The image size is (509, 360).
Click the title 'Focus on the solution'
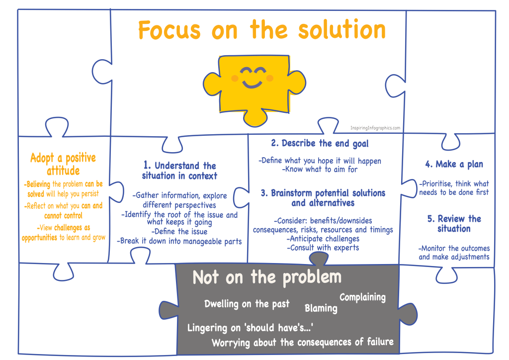(261, 30)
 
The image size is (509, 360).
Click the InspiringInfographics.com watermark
(375, 128)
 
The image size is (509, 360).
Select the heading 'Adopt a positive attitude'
(63, 164)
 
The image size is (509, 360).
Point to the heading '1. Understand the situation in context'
(179, 171)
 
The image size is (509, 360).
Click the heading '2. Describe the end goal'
(320, 143)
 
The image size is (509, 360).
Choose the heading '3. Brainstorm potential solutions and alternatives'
(323, 198)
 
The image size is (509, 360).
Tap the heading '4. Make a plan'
(454, 164)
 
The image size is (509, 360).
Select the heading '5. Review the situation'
(454, 224)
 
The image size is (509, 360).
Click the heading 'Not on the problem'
(267, 277)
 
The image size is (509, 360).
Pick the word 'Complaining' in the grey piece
(362, 297)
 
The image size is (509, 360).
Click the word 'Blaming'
(321, 308)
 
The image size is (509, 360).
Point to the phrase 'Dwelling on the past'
(247, 304)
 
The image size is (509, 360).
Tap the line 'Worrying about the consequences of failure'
(302, 342)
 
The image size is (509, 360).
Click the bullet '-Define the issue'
(179, 232)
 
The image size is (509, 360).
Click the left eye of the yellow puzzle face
(246, 72)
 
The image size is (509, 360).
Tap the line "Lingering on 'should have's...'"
(250, 328)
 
